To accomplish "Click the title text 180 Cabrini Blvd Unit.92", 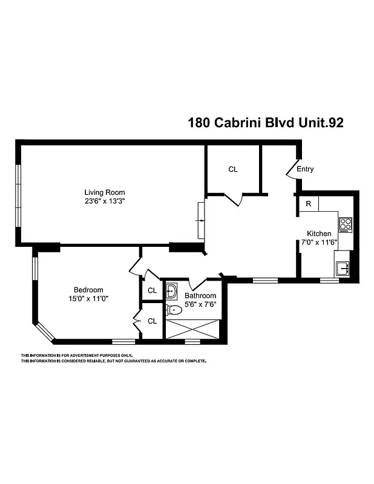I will [266, 123].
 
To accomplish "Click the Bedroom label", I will [88, 289].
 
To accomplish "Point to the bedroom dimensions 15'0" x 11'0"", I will [88, 298].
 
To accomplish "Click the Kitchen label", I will [319, 234].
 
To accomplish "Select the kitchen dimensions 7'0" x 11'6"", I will [319, 242].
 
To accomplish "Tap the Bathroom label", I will [200, 296].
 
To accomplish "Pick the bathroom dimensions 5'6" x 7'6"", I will [200, 304].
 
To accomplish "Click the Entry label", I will [305, 169].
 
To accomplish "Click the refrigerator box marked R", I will [308, 204].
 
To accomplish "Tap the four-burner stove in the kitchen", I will [345, 224].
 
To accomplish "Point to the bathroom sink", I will [172, 289].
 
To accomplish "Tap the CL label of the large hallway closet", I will [233, 169].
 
